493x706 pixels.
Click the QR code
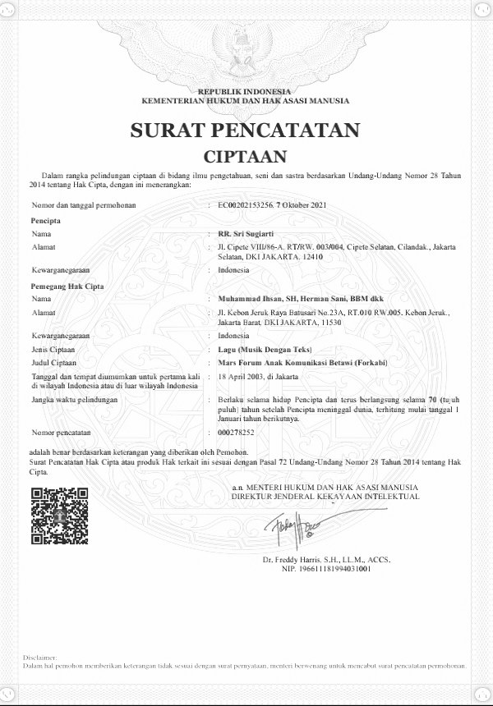pyautogui.click(x=59, y=516)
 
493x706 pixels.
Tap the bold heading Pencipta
pyautogui.click(x=46, y=222)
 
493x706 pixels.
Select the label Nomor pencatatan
pyautogui.click(x=60, y=431)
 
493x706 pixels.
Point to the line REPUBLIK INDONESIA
pyautogui.click(x=245, y=91)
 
